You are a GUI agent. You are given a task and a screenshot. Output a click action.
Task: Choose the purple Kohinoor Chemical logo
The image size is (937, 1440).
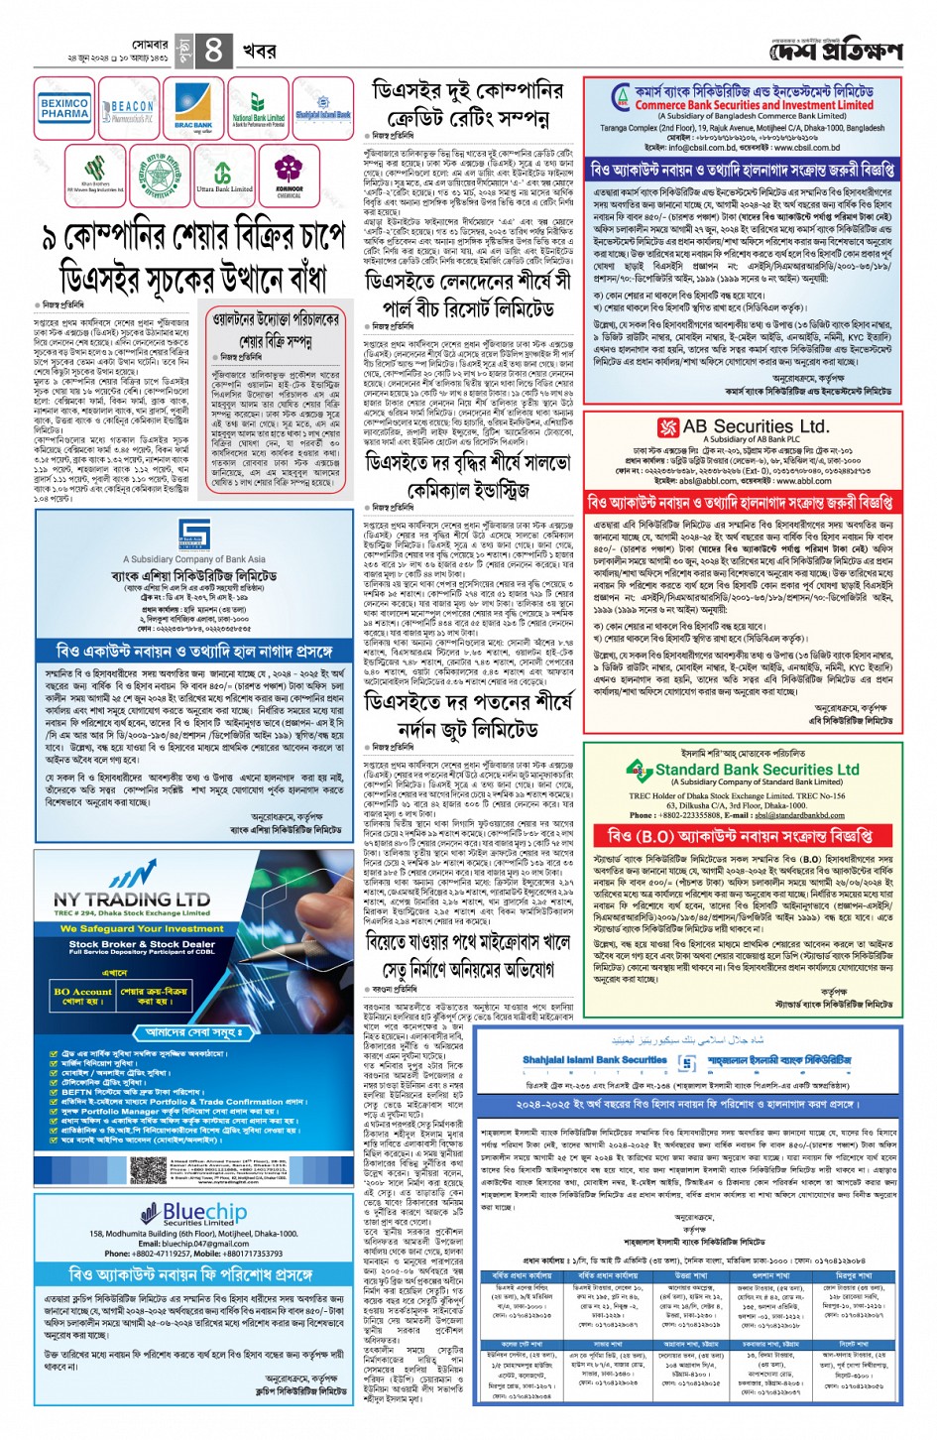tap(289, 175)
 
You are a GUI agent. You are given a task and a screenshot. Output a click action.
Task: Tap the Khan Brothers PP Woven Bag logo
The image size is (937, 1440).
tap(95, 175)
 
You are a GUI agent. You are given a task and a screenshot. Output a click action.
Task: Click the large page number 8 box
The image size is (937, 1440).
tap(214, 50)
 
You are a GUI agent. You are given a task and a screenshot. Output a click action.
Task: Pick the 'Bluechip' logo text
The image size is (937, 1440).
tap(203, 1213)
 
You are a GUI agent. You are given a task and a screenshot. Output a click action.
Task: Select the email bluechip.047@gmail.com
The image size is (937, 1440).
tap(206, 1244)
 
